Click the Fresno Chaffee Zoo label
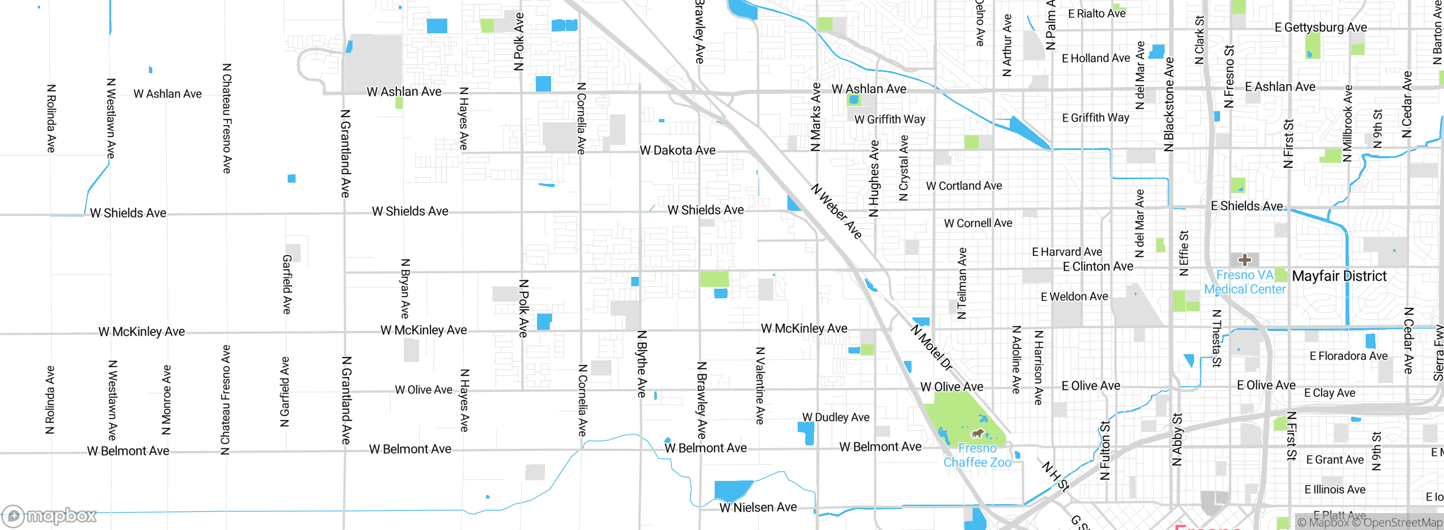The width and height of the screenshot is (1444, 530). [977, 456]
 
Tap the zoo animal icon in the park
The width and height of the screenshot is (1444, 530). [977, 434]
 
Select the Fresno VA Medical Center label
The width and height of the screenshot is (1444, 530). [1245, 282]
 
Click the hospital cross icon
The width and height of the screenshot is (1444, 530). [1245, 260]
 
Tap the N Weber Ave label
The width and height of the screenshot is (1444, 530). [837, 211]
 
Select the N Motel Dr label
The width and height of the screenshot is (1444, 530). [931, 347]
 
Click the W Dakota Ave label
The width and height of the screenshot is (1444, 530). [677, 151]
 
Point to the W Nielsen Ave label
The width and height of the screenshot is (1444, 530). [758, 507]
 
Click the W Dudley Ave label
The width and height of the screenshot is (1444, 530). [835, 417]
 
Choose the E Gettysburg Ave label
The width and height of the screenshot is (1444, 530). [1320, 27]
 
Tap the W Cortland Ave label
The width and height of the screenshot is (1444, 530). [964, 186]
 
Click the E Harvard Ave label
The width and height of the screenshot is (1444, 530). [1067, 252]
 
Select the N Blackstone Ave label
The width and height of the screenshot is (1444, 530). [1169, 104]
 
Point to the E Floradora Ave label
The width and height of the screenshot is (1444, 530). [1348, 356]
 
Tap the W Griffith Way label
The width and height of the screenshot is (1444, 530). [890, 120]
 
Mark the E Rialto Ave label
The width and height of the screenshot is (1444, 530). [1097, 14]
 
